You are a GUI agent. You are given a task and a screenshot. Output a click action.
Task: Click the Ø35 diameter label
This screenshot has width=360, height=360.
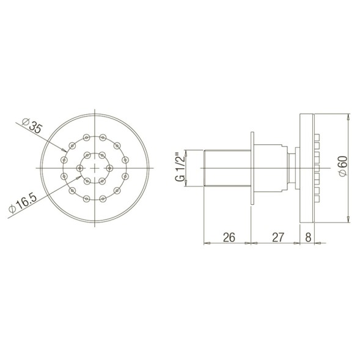coord(32,126)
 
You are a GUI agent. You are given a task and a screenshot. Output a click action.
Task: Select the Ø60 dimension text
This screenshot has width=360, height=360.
coord(343,166)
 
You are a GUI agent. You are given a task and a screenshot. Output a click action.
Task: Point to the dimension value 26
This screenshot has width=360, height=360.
coord(229,237)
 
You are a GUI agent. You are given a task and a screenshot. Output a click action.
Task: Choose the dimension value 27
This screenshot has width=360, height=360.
coord(278,237)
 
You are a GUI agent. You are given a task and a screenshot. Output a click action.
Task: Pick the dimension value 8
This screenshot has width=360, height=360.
coord(308,237)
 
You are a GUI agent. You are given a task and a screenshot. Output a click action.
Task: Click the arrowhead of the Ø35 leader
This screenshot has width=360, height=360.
coord(64,150)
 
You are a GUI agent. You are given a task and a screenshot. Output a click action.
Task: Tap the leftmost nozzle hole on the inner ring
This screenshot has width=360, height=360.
coord(79,168)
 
